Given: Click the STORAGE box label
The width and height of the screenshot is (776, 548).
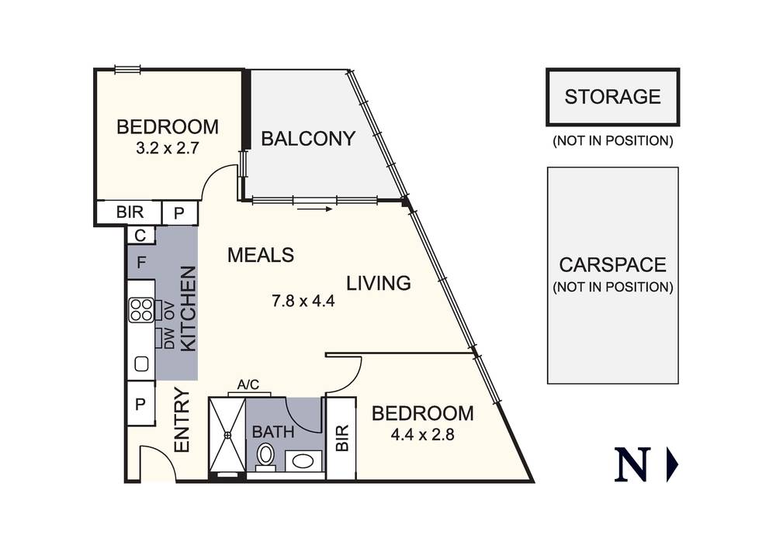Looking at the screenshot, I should pos(612,97).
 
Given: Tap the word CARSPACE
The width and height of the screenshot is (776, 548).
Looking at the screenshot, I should pos(612,265).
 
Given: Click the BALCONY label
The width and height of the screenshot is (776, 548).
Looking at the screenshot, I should pos(308,139).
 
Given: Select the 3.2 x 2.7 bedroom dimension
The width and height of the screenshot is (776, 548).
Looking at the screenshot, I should pos(168,147).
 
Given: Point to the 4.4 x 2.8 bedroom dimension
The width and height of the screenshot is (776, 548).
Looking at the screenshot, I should pos(422,434).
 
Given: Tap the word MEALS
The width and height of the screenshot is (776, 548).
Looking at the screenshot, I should pos(261,255).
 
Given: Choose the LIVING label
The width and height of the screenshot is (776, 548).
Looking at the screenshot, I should pos(378,284).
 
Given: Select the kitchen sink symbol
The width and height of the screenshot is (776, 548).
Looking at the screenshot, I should pos(142,363).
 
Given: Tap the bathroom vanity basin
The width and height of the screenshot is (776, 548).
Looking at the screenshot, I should pos(303,461).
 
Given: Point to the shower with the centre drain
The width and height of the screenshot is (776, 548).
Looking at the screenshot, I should pos(227,437).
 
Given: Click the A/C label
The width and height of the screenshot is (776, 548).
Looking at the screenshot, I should pos(248,384).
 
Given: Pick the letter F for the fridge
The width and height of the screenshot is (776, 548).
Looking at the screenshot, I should pos(141,262).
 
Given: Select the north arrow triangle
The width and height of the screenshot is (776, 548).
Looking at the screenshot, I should pos(672,464).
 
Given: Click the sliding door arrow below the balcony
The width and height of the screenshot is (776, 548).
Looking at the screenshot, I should pos(314,209).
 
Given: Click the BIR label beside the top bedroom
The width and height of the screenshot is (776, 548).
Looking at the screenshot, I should pos(128,212).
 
